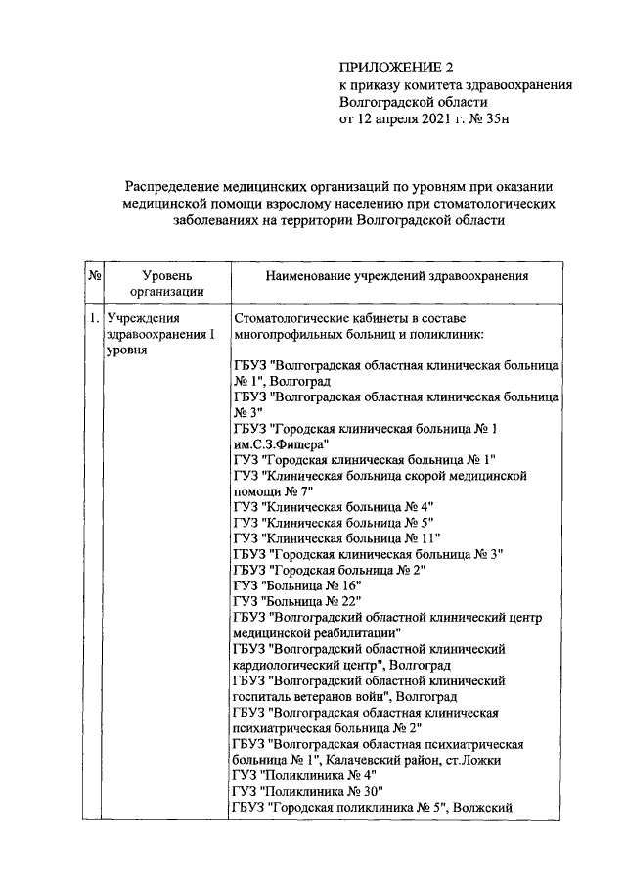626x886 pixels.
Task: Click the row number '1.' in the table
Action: coord(94,319)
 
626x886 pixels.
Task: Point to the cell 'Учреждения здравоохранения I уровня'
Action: coord(160,335)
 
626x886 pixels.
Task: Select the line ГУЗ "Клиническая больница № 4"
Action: coord(333,505)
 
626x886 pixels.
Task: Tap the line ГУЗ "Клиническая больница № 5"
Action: coord(333,522)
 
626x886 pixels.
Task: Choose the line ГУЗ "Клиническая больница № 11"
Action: coord(336,537)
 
